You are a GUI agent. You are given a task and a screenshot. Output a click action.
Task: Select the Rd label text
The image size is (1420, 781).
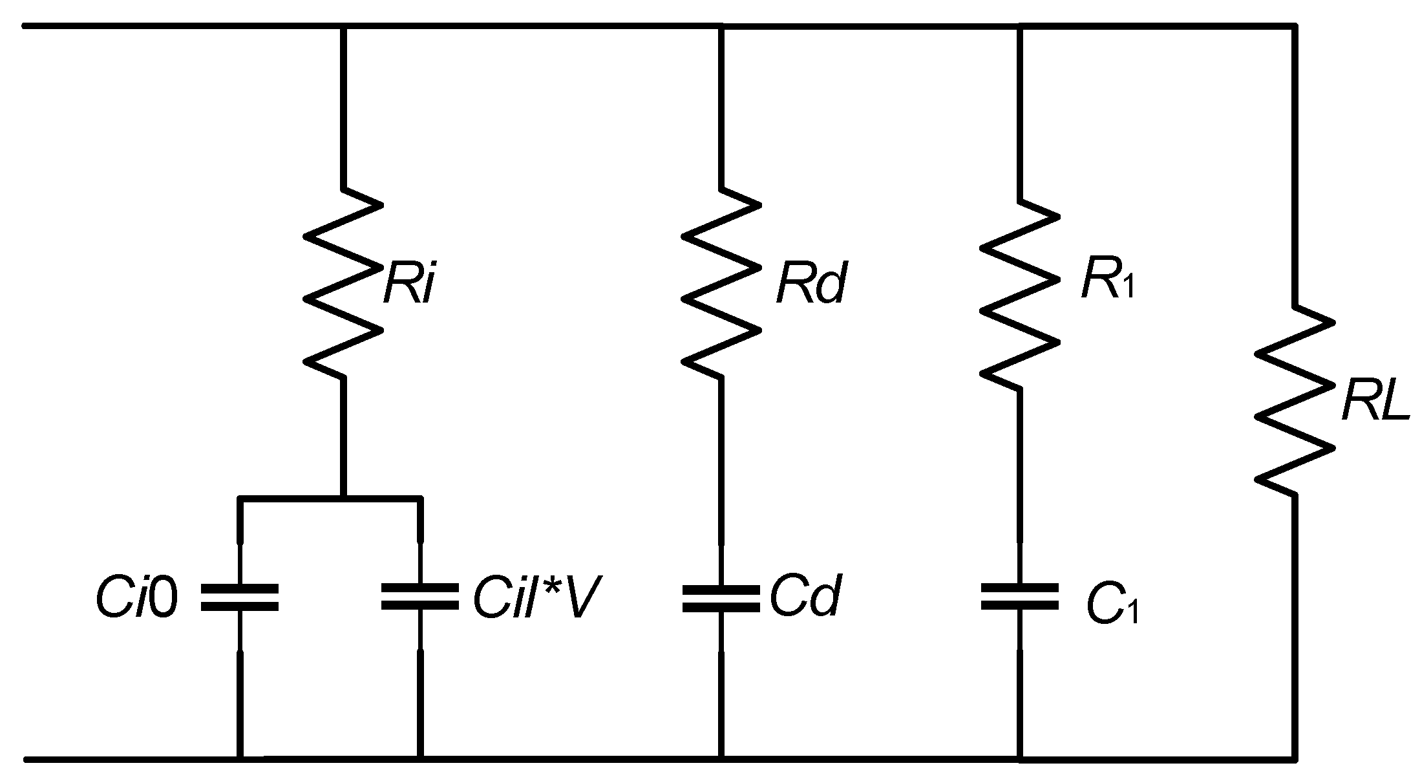(x=810, y=285)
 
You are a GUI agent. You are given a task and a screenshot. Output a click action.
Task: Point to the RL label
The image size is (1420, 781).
(x=1373, y=405)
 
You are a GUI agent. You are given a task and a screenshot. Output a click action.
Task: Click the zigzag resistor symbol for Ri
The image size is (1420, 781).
(x=343, y=284)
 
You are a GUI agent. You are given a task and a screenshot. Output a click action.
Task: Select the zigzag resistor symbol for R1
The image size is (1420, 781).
(x=1020, y=294)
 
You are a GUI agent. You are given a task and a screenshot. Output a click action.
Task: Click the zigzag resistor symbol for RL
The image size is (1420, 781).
(x=1294, y=401)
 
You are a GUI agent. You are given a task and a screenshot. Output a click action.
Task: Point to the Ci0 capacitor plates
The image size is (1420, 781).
(x=240, y=597)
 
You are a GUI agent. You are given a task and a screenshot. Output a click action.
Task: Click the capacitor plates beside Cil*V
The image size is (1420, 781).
(x=420, y=597)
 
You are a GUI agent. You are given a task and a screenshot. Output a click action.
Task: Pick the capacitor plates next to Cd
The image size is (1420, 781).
(x=721, y=597)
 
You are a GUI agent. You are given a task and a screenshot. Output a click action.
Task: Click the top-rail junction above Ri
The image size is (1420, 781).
(x=343, y=27)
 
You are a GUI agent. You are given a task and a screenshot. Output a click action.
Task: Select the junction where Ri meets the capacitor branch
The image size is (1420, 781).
(x=343, y=498)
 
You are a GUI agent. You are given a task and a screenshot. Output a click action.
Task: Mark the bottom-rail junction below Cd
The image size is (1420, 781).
(x=721, y=757)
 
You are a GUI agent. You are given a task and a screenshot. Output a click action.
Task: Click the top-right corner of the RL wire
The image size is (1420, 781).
(x=1294, y=27)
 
